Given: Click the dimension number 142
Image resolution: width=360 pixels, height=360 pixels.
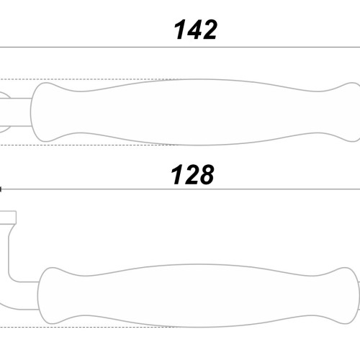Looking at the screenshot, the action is tap(196, 30).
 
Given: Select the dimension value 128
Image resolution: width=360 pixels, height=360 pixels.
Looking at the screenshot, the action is tap(192, 174).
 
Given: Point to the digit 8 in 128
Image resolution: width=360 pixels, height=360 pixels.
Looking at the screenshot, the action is tap(205, 174).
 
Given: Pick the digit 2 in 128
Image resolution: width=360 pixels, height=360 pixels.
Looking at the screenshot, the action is tap(190, 174).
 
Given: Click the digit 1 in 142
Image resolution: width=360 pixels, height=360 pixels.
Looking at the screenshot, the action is tap(180, 30).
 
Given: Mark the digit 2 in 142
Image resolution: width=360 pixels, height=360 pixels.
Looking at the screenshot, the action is tap(209, 30).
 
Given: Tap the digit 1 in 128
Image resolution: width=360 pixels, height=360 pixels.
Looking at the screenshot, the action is tap(176, 174).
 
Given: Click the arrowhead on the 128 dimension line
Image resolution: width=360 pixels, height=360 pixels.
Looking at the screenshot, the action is tap(1, 189).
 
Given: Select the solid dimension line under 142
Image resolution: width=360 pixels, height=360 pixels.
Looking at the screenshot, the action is tap(180, 48).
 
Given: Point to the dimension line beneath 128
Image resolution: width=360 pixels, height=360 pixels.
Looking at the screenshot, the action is tap(181, 189).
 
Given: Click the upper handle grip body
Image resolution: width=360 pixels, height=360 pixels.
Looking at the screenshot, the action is tap(195, 112).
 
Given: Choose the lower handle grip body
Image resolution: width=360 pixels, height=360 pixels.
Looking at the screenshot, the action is tap(199, 296).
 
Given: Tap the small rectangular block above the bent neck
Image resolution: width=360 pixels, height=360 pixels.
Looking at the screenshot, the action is tap(8, 217).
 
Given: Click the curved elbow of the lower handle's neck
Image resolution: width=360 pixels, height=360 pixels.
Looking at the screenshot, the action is tap(12, 278).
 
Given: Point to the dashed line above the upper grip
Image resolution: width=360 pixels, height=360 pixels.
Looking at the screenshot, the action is tap(89, 79).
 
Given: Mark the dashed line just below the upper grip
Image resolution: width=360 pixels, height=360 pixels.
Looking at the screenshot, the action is tap(89, 145).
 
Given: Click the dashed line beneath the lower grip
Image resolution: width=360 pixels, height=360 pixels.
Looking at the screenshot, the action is tap(89, 327).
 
